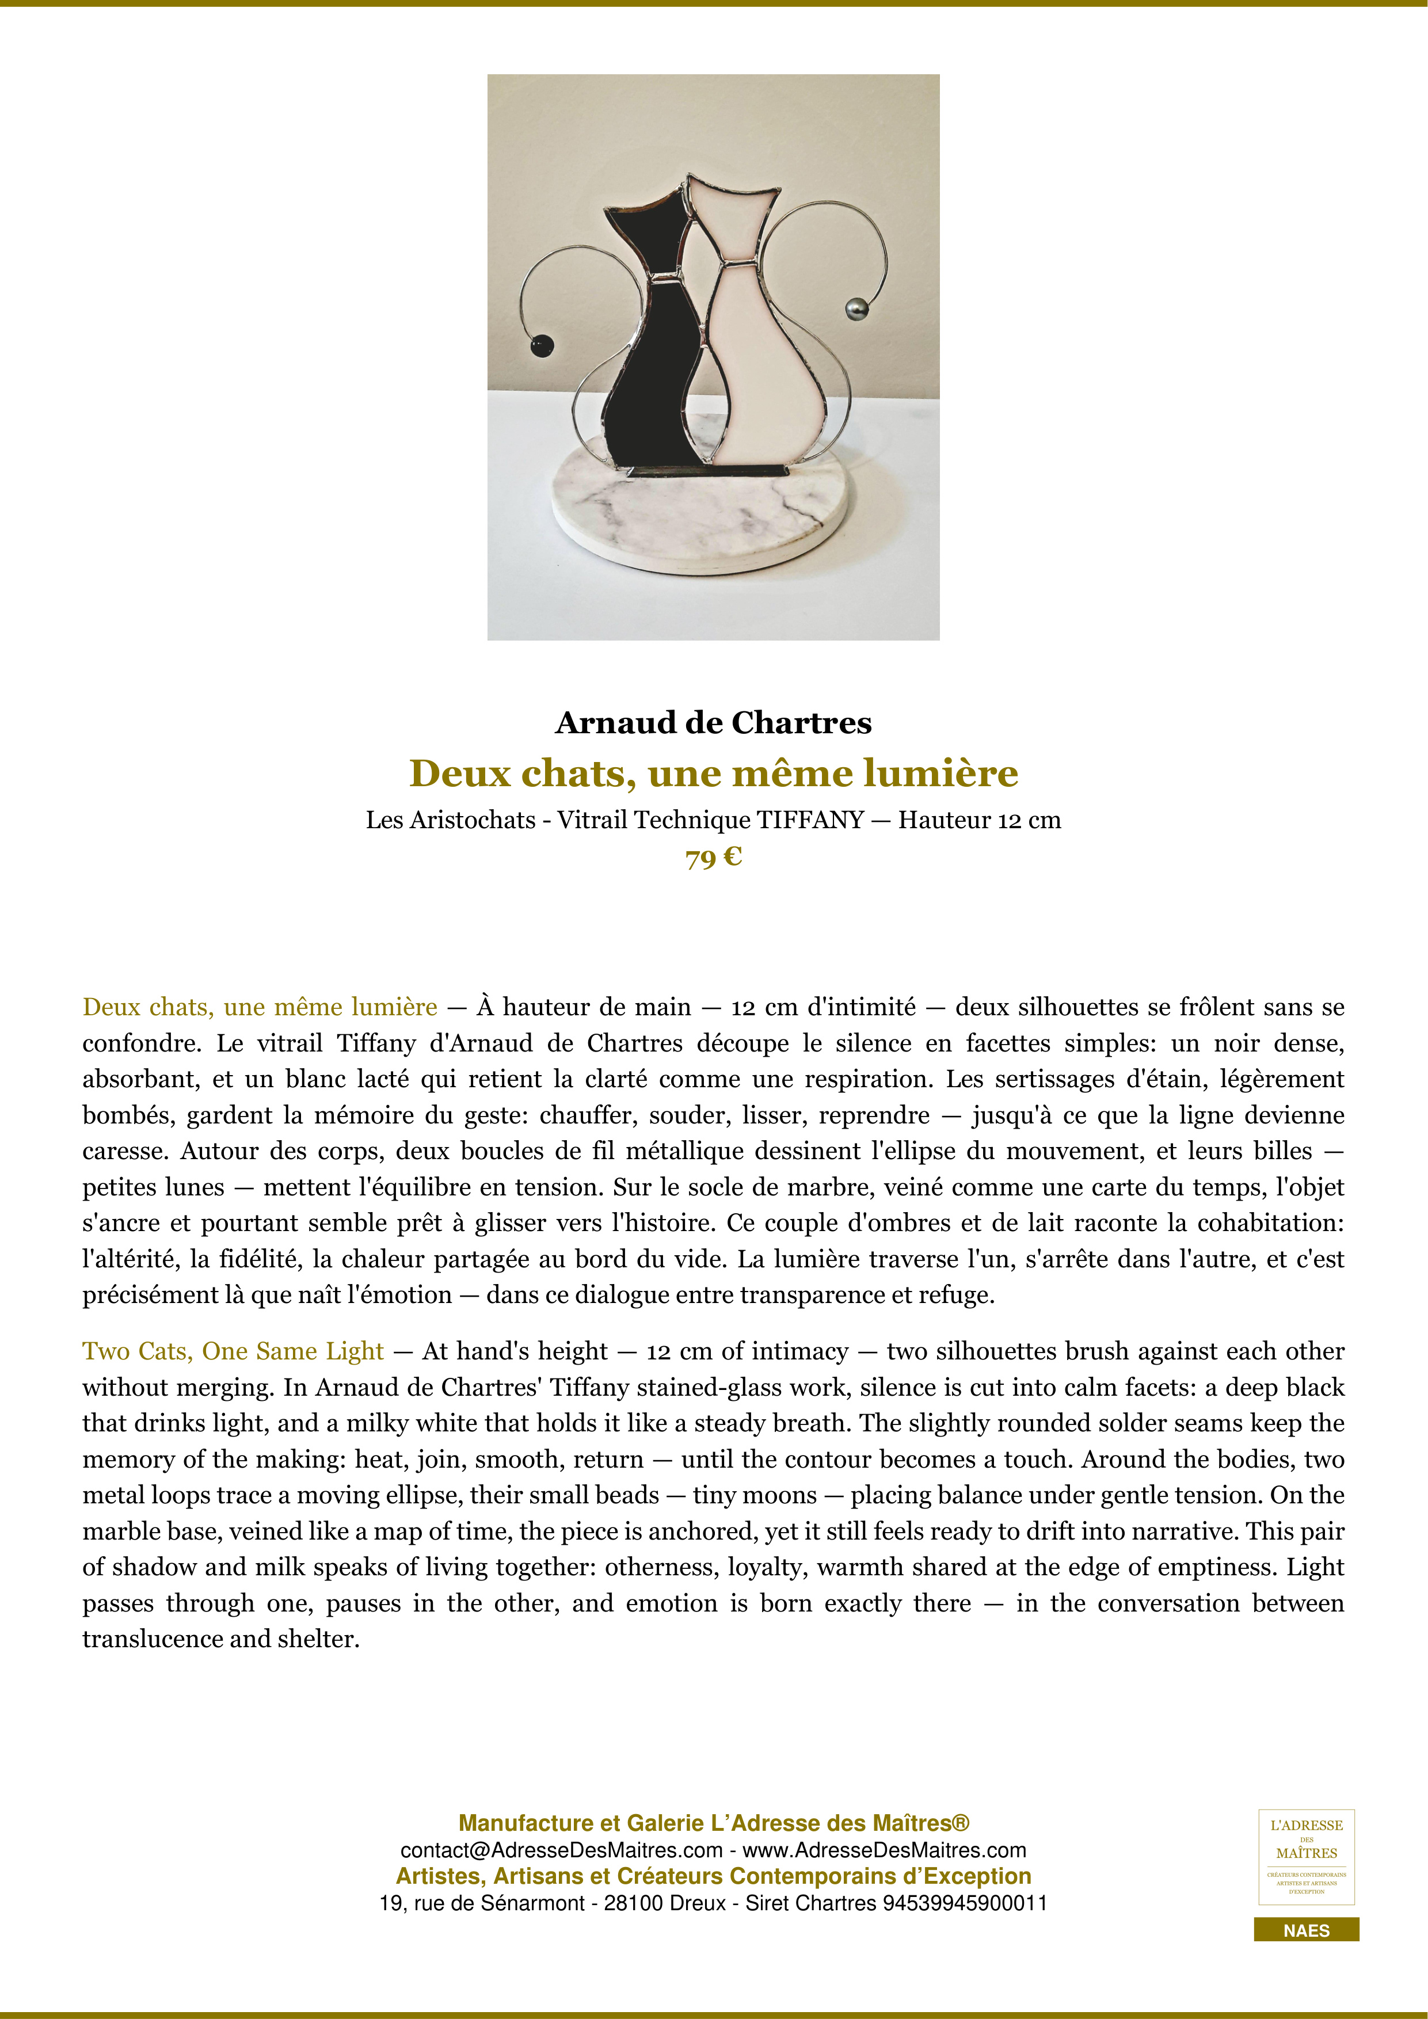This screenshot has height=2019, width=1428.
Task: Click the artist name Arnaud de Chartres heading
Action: pos(713,723)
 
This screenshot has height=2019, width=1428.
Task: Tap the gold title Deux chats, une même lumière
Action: pos(713,773)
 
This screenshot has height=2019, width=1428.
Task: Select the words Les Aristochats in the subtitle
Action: pos(450,821)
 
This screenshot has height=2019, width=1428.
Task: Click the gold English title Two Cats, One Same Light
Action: pos(233,1351)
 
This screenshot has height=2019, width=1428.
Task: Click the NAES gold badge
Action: pos(1306,1930)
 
